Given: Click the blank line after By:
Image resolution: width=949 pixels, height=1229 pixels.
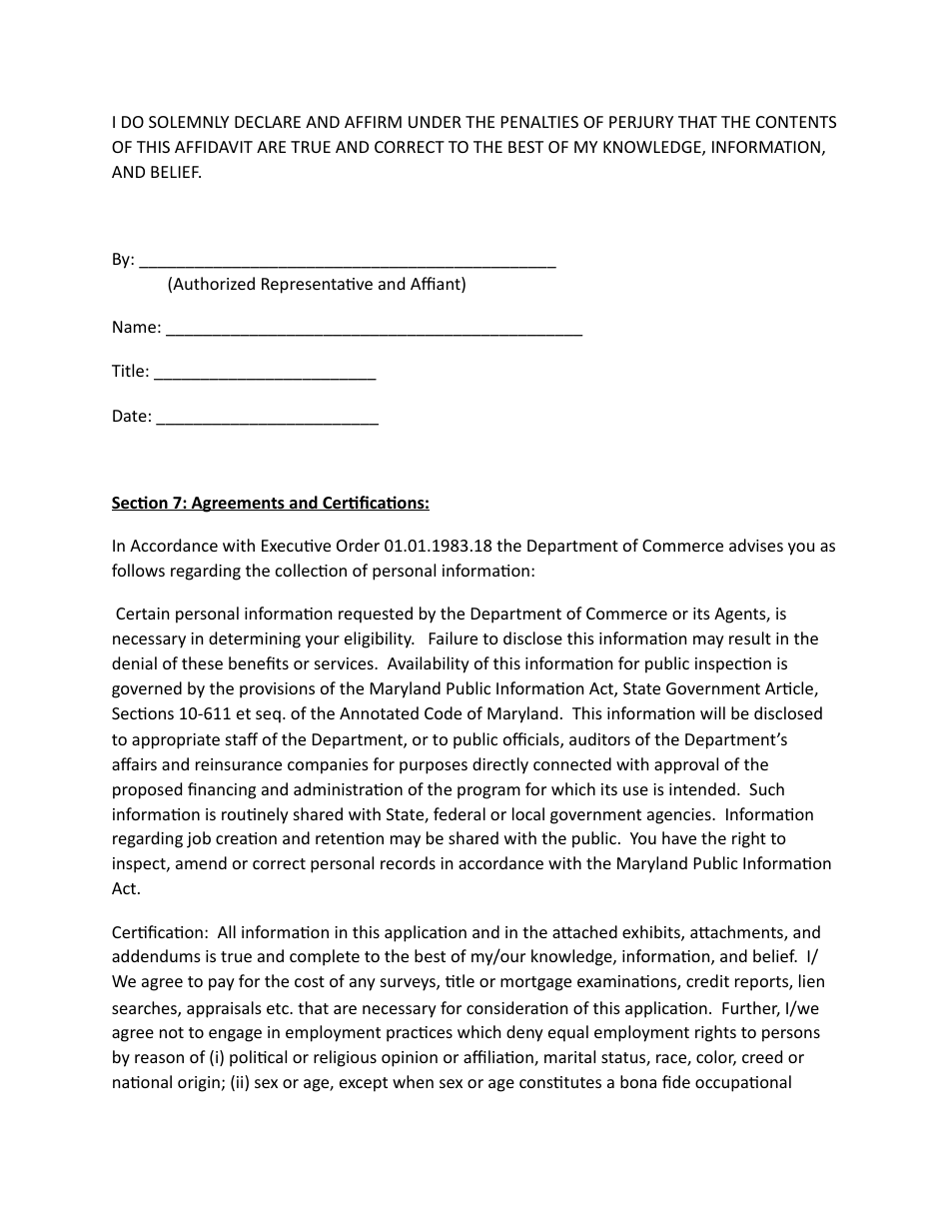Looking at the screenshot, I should click(x=347, y=263).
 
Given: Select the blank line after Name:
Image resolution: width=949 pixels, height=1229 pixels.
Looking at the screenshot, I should click(x=373, y=330).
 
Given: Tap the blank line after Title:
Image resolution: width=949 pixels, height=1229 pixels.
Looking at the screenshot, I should click(x=265, y=374).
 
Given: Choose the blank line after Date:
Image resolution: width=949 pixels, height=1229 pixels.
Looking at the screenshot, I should click(x=268, y=419).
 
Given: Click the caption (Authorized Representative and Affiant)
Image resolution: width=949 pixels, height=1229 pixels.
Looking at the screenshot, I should click(x=316, y=284).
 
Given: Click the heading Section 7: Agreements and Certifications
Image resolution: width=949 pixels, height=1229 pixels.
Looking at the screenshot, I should click(x=270, y=503).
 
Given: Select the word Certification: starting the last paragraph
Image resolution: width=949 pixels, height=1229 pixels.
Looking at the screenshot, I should click(x=159, y=933).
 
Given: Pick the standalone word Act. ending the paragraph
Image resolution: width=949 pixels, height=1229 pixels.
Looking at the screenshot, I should click(x=126, y=888).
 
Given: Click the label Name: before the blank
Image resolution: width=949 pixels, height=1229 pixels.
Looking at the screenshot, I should click(x=136, y=328).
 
